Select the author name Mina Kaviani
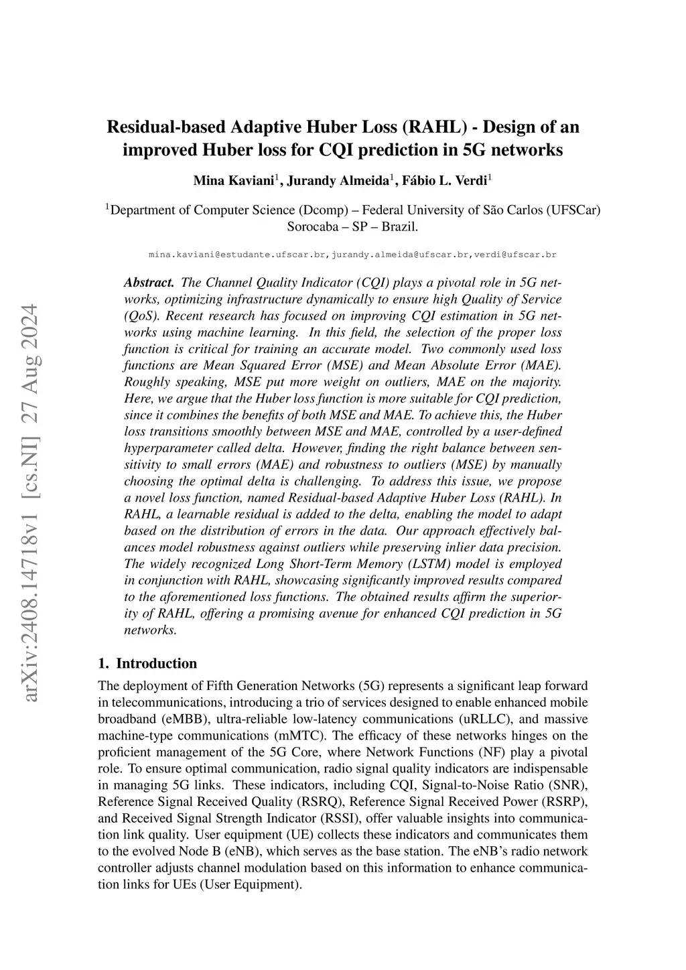coord(234,181)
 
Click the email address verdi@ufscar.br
coord(515,255)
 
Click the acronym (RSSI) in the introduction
coord(344,819)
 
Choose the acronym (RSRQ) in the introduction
coord(319,802)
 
